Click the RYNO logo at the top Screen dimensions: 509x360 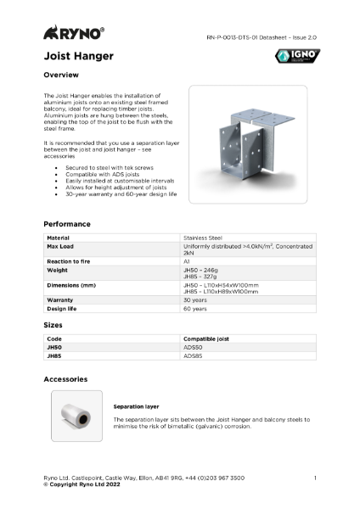pyautogui.click(x=75, y=34)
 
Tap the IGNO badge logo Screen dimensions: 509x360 pyautogui.click(x=298, y=57)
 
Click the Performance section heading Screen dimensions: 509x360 pyautogui.click(x=67, y=224)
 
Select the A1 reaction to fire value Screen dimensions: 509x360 pyautogui.click(x=187, y=261)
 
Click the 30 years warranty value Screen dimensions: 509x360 pyautogui.click(x=194, y=299)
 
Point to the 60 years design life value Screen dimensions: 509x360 pyautogui.click(x=194, y=309)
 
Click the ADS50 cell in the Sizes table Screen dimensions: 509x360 pyautogui.click(x=193, y=347)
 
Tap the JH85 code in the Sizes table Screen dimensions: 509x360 pyautogui.click(x=54, y=356)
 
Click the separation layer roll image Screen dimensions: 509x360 pyautogui.click(x=76, y=416)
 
